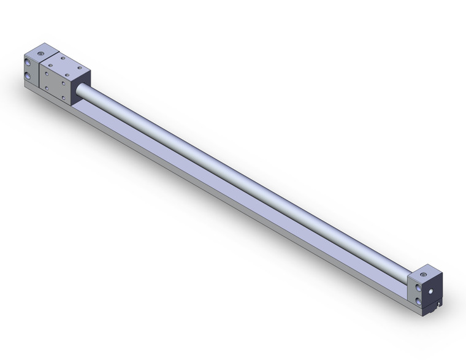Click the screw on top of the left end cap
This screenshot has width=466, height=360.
[40, 55]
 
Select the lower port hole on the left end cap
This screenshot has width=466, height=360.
[28, 75]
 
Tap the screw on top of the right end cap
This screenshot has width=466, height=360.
[423, 274]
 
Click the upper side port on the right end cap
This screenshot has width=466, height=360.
[418, 287]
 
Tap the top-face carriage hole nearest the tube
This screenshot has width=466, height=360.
[78, 67]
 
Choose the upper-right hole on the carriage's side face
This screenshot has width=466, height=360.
[64, 82]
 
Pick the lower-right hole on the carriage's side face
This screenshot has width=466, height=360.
[64, 97]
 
